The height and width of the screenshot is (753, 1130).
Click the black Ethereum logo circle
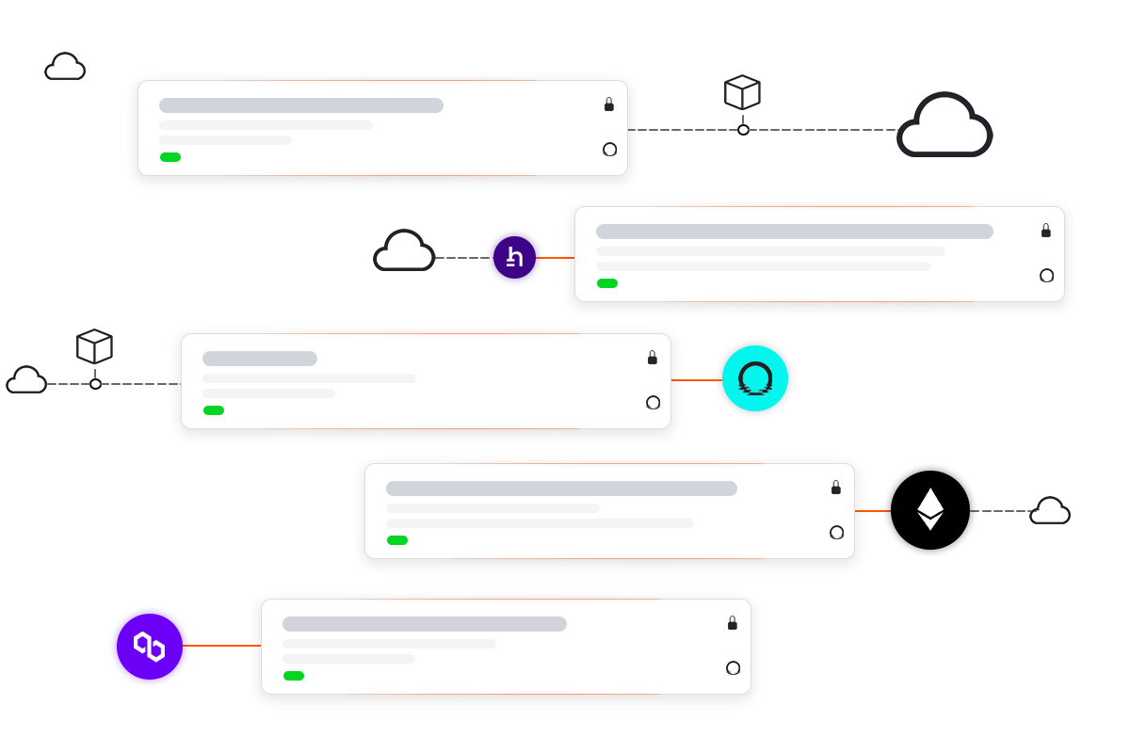930,510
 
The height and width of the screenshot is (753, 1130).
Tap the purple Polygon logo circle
150,646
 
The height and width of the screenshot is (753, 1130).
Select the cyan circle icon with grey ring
755,378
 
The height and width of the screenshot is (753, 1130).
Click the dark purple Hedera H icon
514,257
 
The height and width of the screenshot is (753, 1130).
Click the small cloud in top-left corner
65,67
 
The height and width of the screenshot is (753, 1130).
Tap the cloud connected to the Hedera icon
404,251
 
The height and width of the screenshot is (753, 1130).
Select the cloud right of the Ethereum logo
1050,511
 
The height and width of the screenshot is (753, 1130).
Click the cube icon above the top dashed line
742,93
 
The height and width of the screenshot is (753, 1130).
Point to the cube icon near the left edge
94,346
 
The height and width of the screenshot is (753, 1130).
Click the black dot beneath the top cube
743,130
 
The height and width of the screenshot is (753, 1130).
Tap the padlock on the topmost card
609,104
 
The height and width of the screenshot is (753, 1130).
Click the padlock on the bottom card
733,623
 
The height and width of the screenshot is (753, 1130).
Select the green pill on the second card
607,283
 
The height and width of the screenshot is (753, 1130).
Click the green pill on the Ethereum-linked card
397,540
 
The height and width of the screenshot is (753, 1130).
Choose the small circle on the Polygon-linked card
734,668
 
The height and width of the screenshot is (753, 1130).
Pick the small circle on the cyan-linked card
654,403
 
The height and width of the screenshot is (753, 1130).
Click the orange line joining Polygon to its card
221,646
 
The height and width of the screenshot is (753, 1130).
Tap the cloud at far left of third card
26,380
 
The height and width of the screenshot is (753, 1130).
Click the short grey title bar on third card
260,359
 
